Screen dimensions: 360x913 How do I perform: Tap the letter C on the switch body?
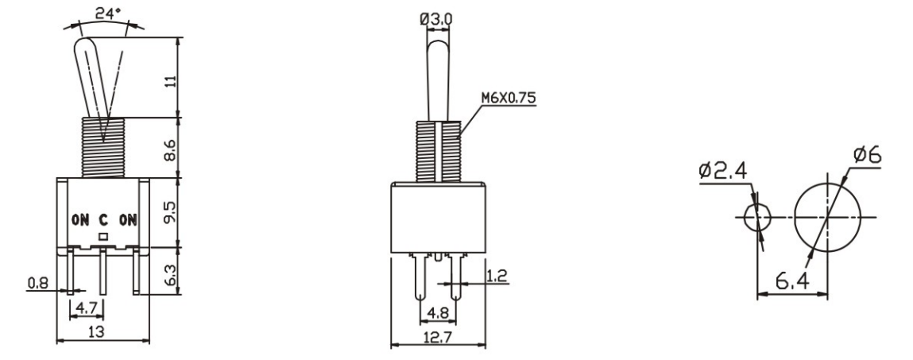103,219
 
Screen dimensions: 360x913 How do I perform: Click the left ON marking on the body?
79,219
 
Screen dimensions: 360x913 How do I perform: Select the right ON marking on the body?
126,219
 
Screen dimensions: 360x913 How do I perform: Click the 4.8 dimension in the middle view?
438,312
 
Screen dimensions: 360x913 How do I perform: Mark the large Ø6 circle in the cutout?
828,217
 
